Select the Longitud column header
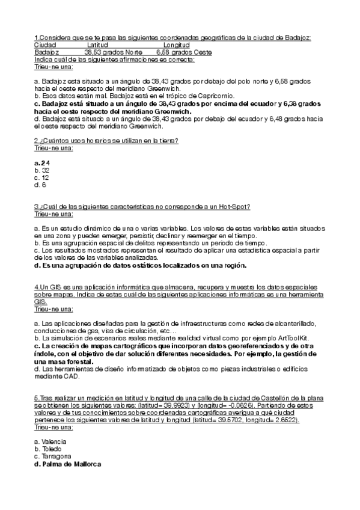[x=177, y=45]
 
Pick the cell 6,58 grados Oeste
[x=188, y=52]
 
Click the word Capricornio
[x=213, y=96]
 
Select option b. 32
[x=42, y=170]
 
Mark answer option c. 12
[x=42, y=177]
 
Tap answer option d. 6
[x=40, y=185]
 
